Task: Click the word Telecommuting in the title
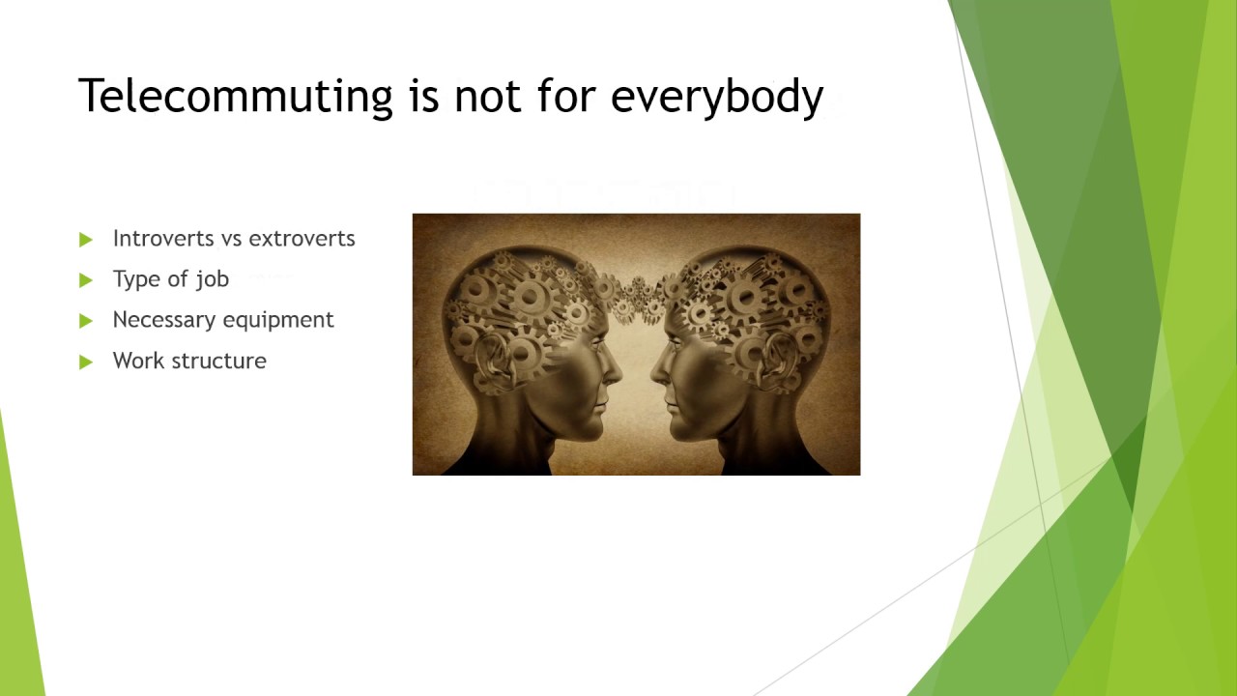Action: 235,97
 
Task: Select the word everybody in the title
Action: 717,97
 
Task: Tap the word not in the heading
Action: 487,97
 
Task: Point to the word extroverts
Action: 302,238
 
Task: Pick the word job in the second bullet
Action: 213,279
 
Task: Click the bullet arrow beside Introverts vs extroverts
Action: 86,239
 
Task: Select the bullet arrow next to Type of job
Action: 86,280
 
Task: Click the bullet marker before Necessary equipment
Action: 86,321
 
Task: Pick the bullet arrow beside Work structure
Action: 86,362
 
